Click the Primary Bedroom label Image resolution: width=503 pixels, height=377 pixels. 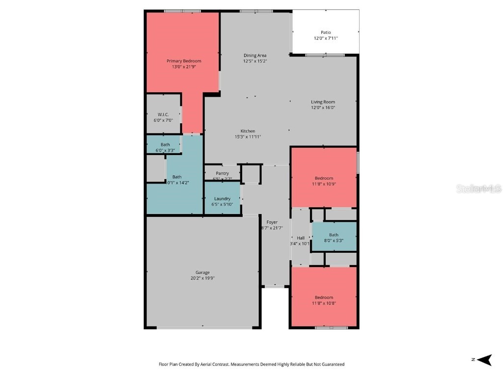pos(184,61)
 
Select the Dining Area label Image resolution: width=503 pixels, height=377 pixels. pos(255,55)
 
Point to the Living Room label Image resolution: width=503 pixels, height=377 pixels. pos(323,102)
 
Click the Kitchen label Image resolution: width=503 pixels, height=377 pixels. pos(248,131)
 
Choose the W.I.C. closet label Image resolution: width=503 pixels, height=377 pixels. pos(163,114)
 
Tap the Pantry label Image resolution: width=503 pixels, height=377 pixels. pos(222,173)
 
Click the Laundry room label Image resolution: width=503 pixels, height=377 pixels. pos(222,198)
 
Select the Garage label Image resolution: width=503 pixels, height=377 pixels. pos(202,272)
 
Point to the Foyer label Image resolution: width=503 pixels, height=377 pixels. pos(272,222)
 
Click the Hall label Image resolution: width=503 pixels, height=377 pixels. pos(300,238)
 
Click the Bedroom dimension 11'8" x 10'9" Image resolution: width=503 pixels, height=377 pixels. pos(324,184)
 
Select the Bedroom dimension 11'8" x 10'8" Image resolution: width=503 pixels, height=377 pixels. pos(324,303)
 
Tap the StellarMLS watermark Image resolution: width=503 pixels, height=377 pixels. pos(478,188)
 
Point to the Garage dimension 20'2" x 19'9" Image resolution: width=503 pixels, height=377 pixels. pos(202,278)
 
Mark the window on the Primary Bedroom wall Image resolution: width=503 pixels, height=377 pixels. pos(182,11)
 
